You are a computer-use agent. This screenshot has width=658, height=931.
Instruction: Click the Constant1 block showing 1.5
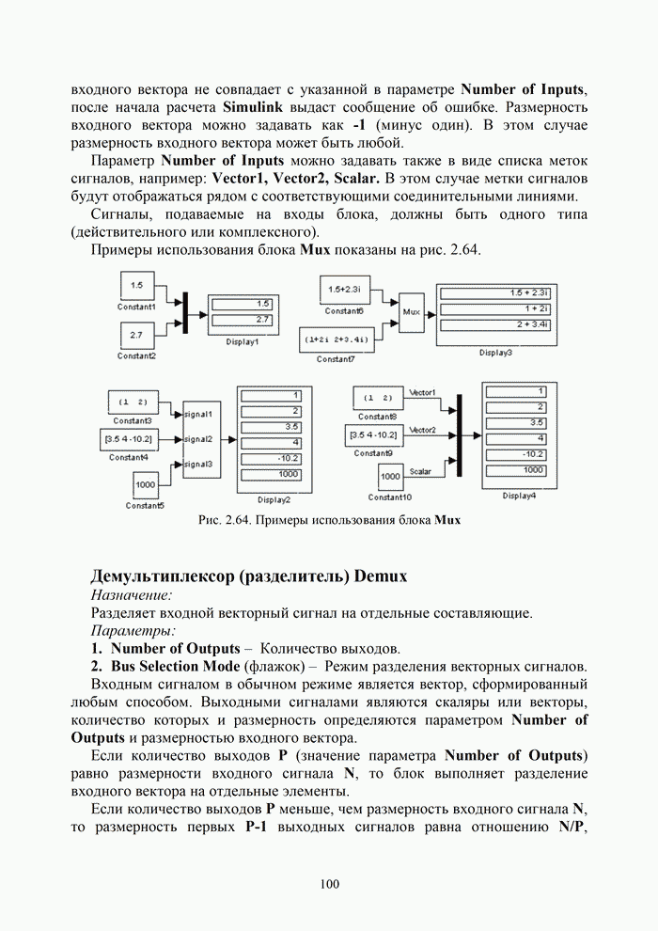click(x=137, y=285)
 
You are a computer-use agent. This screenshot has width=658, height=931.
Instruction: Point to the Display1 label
click(x=242, y=342)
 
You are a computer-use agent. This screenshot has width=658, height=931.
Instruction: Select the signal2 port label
click(x=198, y=439)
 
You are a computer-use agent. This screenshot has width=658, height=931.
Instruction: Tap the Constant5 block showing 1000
click(x=145, y=484)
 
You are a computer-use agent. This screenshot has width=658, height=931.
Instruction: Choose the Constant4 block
click(x=128, y=439)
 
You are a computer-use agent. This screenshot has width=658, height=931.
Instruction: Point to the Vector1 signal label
click(x=423, y=391)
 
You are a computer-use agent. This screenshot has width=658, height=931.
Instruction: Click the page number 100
click(x=329, y=883)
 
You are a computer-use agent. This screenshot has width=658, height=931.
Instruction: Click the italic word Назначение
click(x=132, y=595)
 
